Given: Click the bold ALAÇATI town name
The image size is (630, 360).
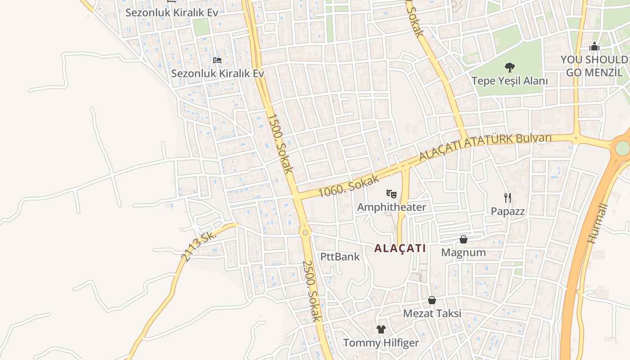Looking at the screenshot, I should pyautogui.click(x=400, y=248).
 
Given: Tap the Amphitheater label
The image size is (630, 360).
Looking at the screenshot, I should pyautogui.click(x=391, y=207).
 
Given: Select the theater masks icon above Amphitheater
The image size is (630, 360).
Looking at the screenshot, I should pyautogui.click(x=391, y=194).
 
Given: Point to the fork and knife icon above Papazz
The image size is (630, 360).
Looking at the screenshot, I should pyautogui.click(x=508, y=198).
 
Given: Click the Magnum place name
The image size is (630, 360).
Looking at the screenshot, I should pyautogui.click(x=463, y=252).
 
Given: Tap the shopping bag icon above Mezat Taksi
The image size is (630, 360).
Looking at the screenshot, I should pyautogui.click(x=432, y=300).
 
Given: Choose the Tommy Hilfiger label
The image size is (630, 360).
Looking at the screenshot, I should pyautogui.click(x=381, y=343).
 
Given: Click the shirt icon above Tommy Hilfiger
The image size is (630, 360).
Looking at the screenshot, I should pyautogui.click(x=381, y=329).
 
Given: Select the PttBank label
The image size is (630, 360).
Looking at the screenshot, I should pyautogui.click(x=340, y=256).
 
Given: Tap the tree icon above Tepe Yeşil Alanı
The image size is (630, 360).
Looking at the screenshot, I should pyautogui.click(x=509, y=67).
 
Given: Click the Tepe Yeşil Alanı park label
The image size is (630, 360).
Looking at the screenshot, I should pyautogui.click(x=509, y=81).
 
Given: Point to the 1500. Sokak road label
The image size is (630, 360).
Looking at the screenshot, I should pyautogui.click(x=280, y=143).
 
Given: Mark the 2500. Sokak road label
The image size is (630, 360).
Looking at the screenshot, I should pyautogui.click(x=312, y=291).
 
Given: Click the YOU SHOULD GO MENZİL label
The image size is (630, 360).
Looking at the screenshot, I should pyautogui.click(x=594, y=66).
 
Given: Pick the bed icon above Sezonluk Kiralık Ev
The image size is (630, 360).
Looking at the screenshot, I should pyautogui.click(x=217, y=60).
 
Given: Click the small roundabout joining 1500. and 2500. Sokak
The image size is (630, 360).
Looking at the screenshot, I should pyautogui.click(x=305, y=232).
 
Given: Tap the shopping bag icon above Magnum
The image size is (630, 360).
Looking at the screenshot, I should pyautogui.click(x=463, y=239).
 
